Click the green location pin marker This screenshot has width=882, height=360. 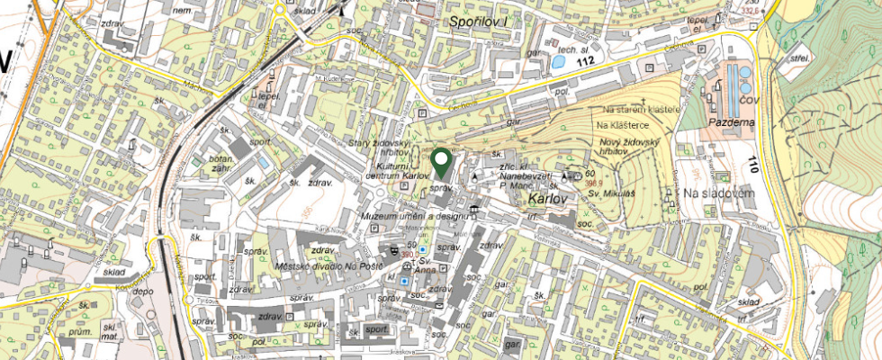coord(441,164)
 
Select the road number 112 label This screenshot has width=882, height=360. coord(587,61)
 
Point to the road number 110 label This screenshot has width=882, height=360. coord(754,163)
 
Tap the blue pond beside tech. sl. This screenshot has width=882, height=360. coord(560,63)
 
